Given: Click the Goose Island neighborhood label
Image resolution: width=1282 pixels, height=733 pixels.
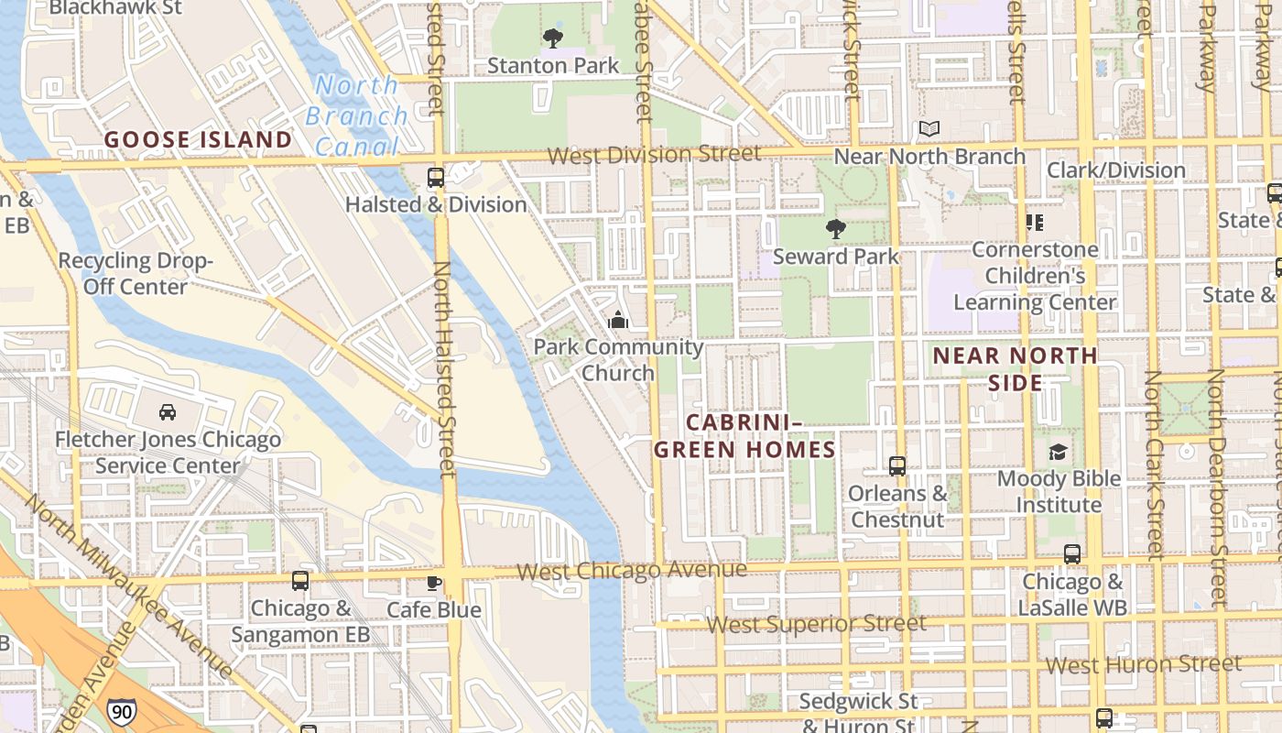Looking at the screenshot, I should pyautogui.click(x=198, y=140).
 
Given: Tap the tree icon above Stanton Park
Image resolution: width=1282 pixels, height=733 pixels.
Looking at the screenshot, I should pyautogui.click(x=552, y=38).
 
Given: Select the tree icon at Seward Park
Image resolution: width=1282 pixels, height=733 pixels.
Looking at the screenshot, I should pyautogui.click(x=835, y=229).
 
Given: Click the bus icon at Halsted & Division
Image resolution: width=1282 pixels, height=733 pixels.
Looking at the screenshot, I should pyautogui.click(x=436, y=178).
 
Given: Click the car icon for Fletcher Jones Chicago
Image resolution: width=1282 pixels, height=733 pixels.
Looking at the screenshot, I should pyautogui.click(x=168, y=412).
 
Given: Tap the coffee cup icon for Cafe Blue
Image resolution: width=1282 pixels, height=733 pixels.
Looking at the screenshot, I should pyautogui.click(x=434, y=583).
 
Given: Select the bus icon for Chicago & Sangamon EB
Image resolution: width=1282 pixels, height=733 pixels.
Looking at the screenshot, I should pyautogui.click(x=300, y=581).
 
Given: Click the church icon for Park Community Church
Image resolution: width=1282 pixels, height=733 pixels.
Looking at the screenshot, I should pyautogui.click(x=618, y=321).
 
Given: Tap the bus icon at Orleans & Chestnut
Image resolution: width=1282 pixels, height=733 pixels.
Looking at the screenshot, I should pyautogui.click(x=897, y=466).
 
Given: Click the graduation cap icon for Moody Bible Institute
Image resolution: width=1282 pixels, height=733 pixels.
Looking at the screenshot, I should pyautogui.click(x=1058, y=452).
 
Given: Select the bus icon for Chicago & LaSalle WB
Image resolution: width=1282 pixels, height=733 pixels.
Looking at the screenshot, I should pyautogui.click(x=1071, y=554).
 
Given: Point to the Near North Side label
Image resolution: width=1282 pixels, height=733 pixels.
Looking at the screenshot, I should pyautogui.click(x=1015, y=368).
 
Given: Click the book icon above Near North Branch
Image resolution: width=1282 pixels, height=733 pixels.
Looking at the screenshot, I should pyautogui.click(x=929, y=129).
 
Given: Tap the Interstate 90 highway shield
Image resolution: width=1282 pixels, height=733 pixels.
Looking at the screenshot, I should pyautogui.click(x=120, y=712).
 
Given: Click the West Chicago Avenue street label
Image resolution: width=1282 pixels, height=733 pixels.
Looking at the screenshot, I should pyautogui.click(x=632, y=571).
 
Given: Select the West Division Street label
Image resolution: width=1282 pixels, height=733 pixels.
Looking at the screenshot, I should pyautogui.click(x=654, y=154).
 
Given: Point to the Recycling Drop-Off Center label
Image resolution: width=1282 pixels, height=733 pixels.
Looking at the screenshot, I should pyautogui.click(x=136, y=273).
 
